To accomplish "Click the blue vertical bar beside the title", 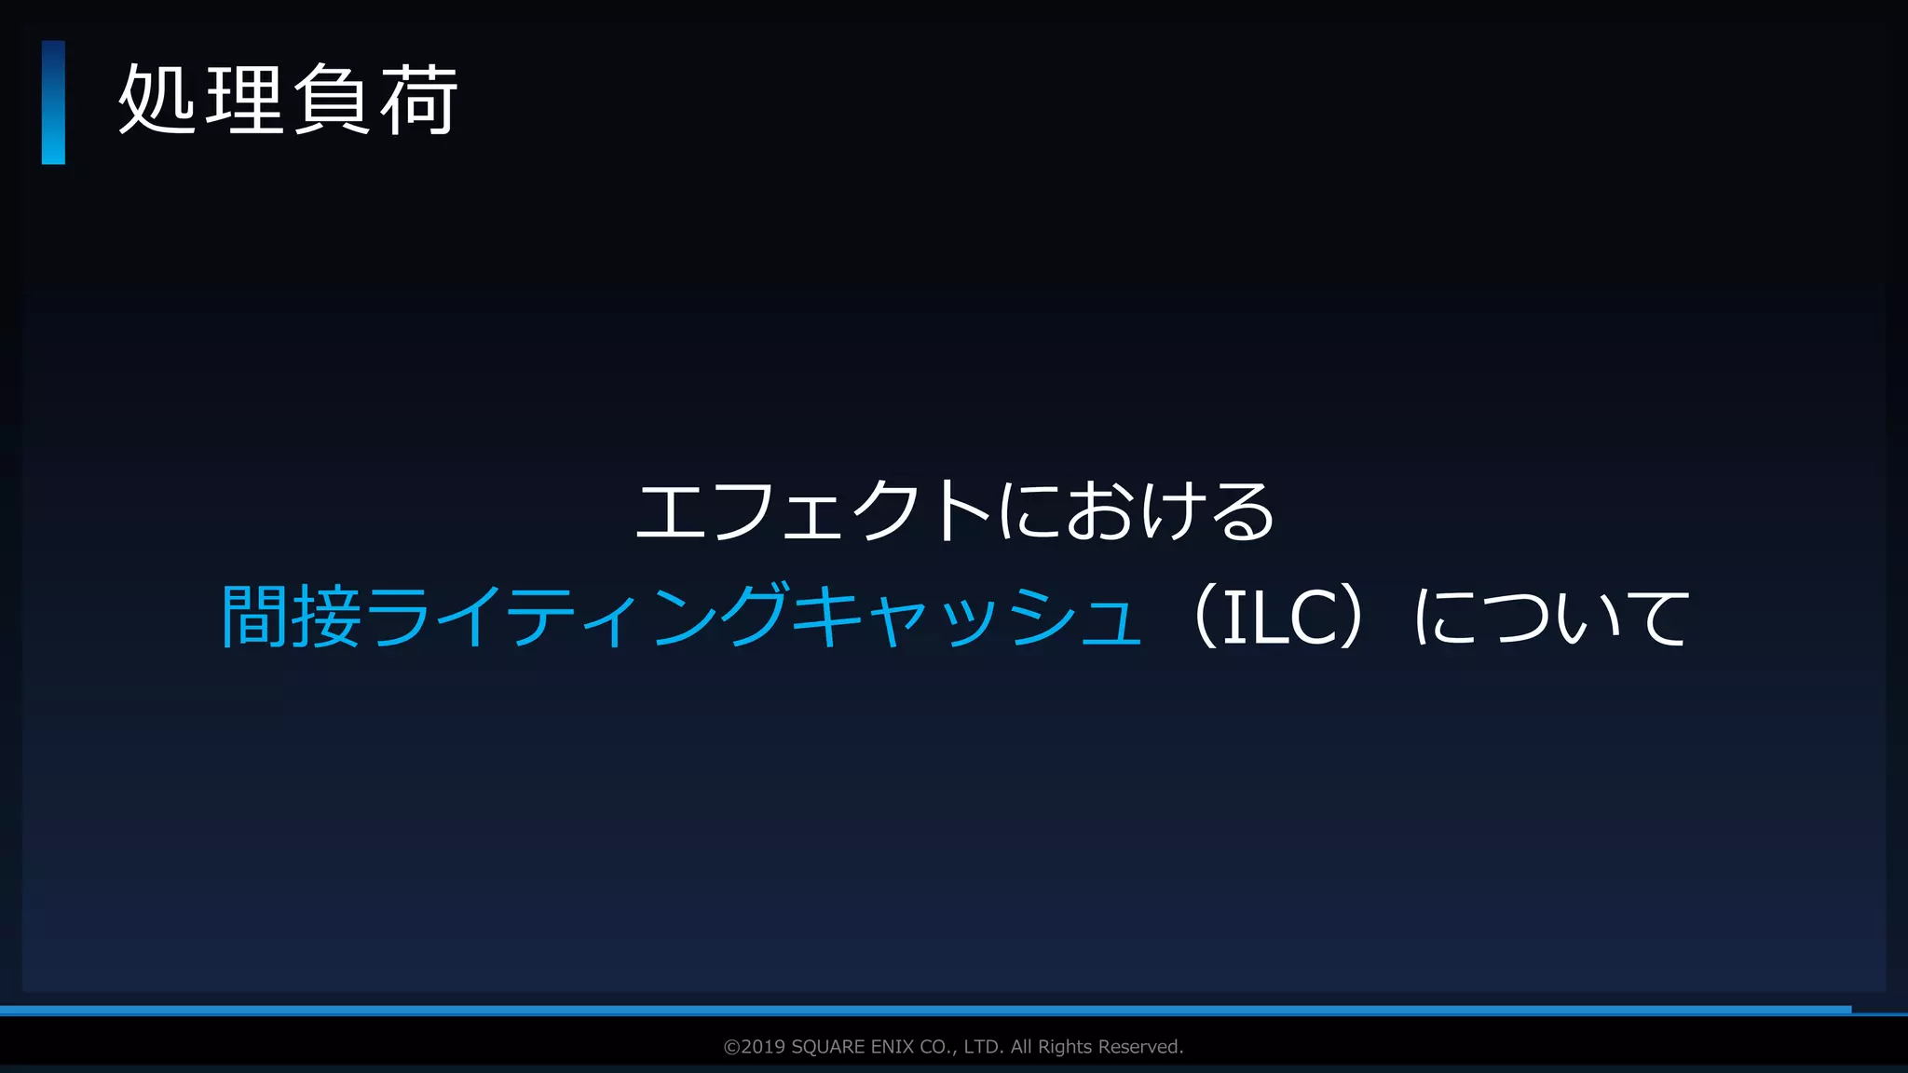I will point(53,102).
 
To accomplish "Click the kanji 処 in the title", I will point(156,100).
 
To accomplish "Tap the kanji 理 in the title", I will point(243,100).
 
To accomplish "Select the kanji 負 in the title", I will point(330,100).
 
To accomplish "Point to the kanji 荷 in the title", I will point(418,100).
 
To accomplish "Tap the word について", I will point(1551,617).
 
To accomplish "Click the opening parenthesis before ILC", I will point(1204,617).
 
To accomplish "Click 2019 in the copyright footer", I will point(763,1047).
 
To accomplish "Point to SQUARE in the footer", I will point(827,1047).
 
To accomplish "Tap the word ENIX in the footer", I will point(892,1047).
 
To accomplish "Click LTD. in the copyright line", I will point(984,1047).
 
